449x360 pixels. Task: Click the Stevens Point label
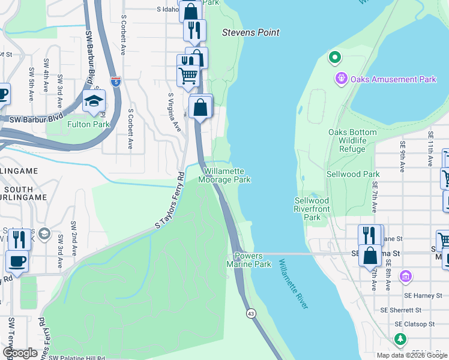tap(251, 32)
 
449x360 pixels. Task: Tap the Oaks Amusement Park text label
tap(394, 79)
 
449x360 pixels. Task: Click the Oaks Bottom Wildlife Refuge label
tap(352, 140)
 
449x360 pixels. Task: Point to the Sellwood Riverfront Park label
tap(312, 209)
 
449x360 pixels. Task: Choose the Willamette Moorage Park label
tap(224, 175)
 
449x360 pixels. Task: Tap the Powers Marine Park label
tap(249, 260)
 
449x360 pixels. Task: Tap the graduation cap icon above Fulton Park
tap(94, 101)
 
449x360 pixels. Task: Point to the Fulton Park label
tap(88, 124)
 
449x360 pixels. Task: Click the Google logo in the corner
tap(20, 352)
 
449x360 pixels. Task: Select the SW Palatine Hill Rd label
tap(79, 357)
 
